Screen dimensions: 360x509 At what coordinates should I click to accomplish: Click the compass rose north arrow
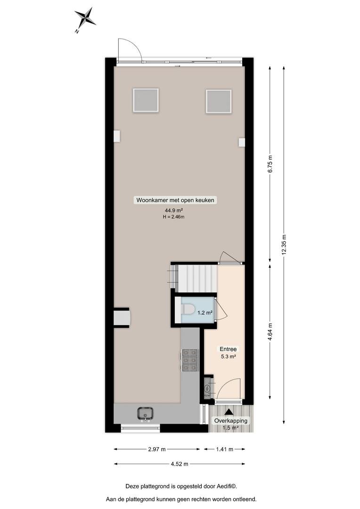click(85, 18)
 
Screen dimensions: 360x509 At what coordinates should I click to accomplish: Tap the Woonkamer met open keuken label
click(175, 200)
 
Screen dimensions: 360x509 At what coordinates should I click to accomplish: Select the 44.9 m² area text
click(174, 210)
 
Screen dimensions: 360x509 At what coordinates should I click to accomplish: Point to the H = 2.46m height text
click(174, 217)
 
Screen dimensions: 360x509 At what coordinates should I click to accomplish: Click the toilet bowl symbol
click(188, 309)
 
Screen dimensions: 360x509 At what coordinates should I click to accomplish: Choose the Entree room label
click(228, 349)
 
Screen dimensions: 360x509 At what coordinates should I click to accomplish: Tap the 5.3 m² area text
click(228, 356)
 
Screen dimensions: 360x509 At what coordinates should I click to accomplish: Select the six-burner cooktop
click(190, 360)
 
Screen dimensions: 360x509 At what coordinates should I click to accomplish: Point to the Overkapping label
click(230, 421)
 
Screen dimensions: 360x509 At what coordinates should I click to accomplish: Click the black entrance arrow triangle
click(229, 411)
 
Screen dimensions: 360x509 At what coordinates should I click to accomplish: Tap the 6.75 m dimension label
click(270, 164)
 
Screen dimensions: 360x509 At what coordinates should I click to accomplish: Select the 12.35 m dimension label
click(284, 245)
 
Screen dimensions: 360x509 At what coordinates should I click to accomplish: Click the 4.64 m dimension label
click(270, 331)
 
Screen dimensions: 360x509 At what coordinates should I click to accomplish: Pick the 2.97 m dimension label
click(157, 449)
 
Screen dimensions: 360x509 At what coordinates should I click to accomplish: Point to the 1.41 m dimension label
click(225, 449)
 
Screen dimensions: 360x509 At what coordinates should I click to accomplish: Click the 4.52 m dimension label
click(180, 464)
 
